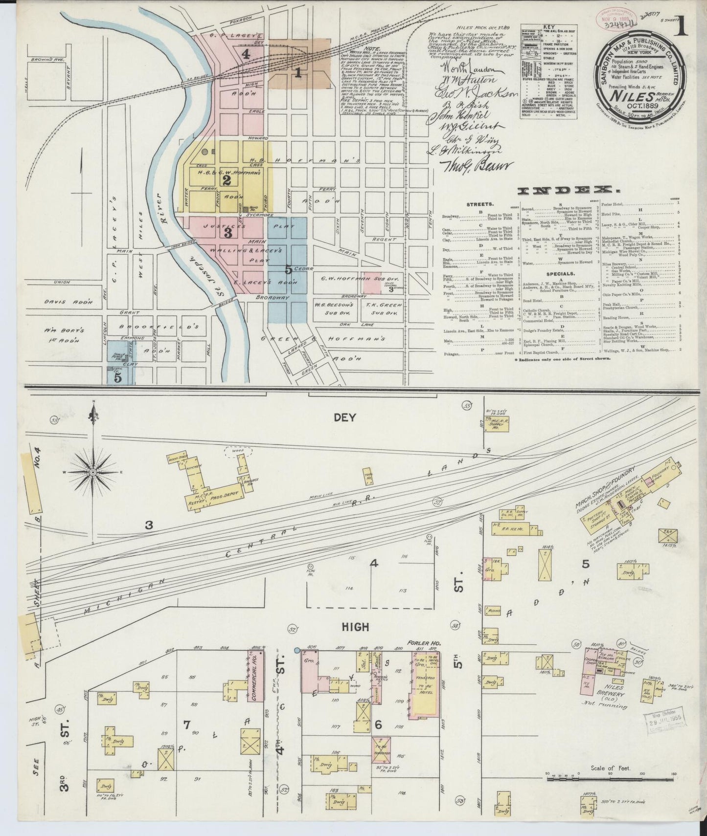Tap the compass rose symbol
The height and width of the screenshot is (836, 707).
tap(93, 472)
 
